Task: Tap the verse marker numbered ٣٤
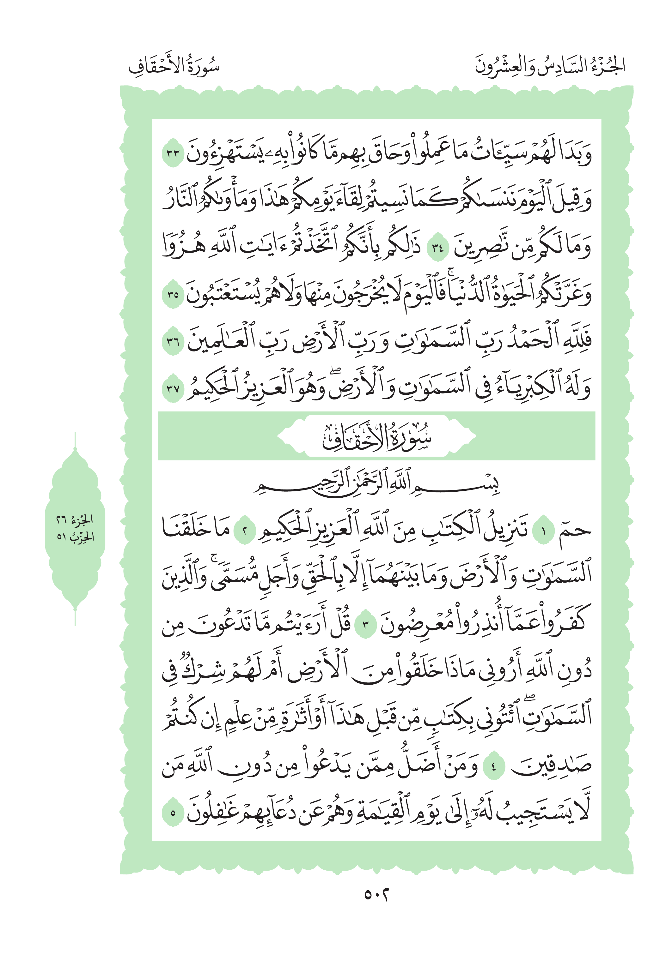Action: [x=437, y=248]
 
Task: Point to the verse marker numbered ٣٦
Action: [x=173, y=342]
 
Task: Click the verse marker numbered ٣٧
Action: [x=173, y=390]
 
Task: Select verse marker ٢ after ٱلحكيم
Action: [x=244, y=531]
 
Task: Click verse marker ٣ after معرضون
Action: [x=365, y=626]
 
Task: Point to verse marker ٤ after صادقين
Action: [x=494, y=767]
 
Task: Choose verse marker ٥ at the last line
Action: [x=173, y=814]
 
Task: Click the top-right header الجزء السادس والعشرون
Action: [x=549, y=66]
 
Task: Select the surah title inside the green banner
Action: [x=376, y=437]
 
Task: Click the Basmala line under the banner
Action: [x=376, y=485]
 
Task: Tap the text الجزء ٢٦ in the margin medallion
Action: [x=75, y=520]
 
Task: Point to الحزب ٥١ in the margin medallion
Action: [x=75, y=537]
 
